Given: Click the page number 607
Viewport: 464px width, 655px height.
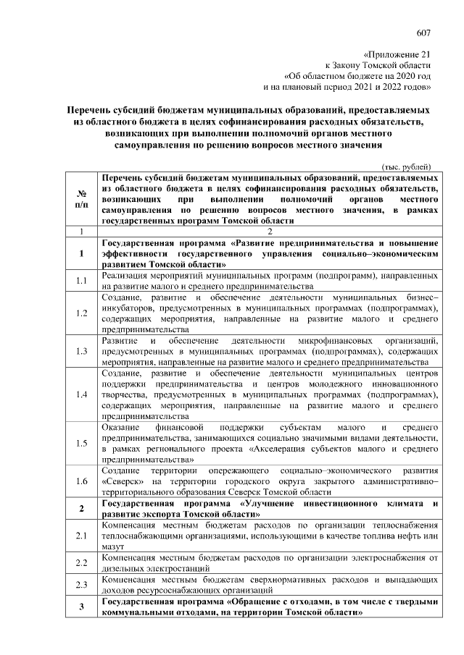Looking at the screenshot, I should [x=423, y=32].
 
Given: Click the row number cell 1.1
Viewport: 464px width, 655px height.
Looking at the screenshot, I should [x=82, y=282].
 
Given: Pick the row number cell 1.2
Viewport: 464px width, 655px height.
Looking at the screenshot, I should [x=82, y=313].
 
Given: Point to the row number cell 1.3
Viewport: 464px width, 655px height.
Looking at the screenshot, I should [x=82, y=351].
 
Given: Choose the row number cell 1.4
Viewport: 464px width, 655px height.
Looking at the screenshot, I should [x=82, y=394].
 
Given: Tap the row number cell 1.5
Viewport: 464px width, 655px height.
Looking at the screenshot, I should [x=82, y=443].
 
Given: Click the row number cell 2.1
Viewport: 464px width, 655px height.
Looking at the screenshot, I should [x=82, y=536].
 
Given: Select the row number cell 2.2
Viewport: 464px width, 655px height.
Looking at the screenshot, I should [x=82, y=562].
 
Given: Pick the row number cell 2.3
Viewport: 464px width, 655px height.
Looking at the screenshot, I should [x=82, y=585].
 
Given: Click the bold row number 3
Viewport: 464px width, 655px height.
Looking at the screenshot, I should [x=82, y=607].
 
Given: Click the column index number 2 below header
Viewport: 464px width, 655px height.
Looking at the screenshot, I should [x=269, y=231].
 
